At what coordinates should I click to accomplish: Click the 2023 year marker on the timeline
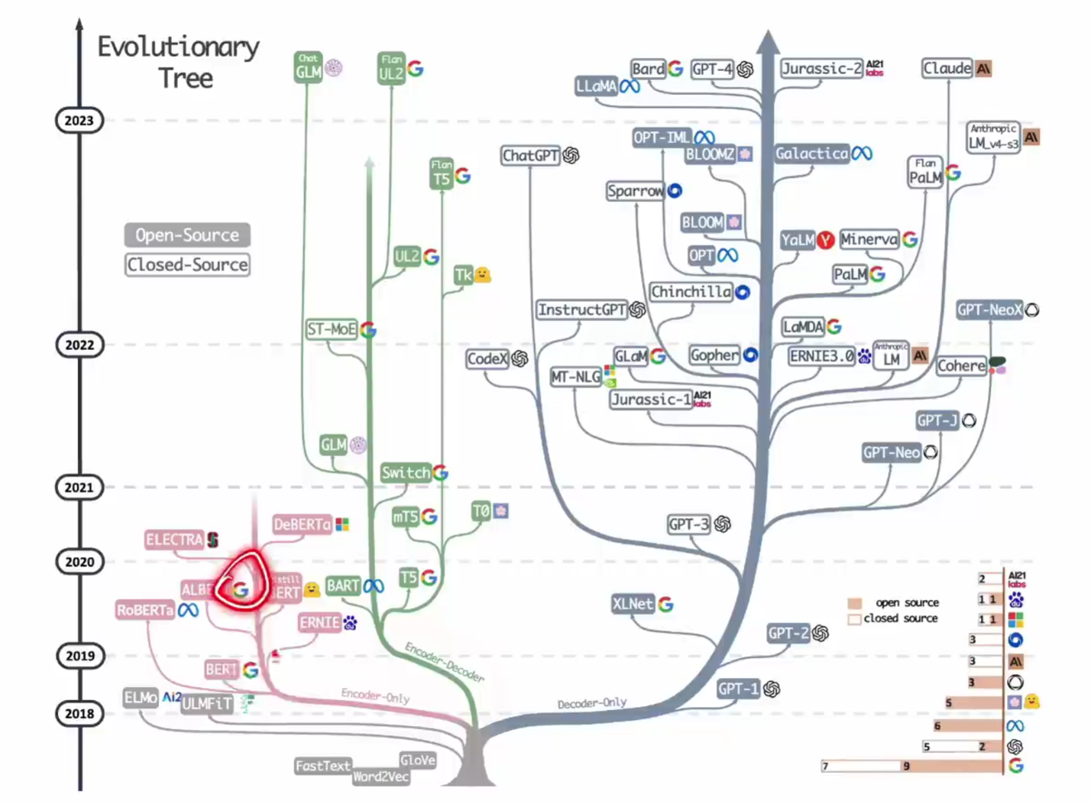[x=79, y=121]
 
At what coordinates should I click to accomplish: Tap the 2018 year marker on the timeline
[x=79, y=714]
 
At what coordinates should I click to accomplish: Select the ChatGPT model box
[x=530, y=156]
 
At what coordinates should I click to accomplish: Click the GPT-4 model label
[x=712, y=70]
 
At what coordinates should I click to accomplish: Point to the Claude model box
[x=947, y=68]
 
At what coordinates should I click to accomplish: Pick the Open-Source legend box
[x=187, y=235]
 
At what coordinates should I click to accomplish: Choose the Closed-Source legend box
[x=187, y=265]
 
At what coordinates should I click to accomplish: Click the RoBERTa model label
[x=144, y=611]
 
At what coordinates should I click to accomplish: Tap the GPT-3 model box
[x=688, y=524]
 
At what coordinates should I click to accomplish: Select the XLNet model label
[x=633, y=604]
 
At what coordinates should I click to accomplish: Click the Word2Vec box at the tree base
[x=380, y=777]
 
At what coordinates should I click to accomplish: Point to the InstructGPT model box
[x=581, y=310]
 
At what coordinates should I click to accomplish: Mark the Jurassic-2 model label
[x=821, y=69]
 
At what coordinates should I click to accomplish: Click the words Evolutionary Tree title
[x=179, y=63]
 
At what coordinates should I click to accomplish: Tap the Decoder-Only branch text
[x=592, y=703]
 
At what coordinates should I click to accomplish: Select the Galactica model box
[x=811, y=154]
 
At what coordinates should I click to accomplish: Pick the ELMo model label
[x=141, y=698]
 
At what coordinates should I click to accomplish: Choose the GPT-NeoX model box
[x=989, y=310]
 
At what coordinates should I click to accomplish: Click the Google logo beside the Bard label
[x=675, y=69]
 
